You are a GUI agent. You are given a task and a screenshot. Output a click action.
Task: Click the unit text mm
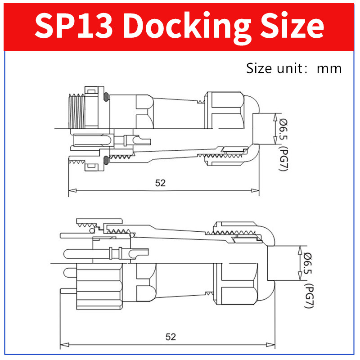tap(329, 68)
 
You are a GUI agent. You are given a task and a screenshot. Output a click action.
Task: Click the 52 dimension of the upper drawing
tap(161, 183)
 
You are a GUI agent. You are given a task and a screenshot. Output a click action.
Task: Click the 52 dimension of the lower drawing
tap(171, 337)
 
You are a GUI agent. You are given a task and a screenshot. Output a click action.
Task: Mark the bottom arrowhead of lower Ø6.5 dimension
tap(300, 279)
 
